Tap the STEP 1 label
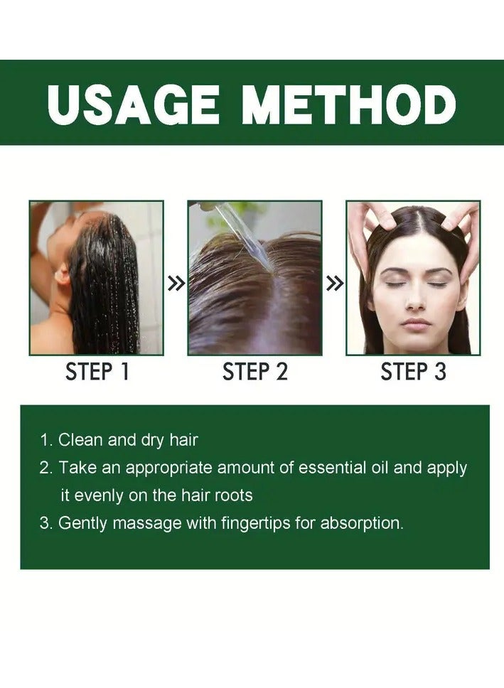[x=97, y=372]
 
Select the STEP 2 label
[x=255, y=372]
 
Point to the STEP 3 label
[x=413, y=372]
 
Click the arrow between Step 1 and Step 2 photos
[x=176, y=284]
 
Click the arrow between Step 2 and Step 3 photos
[x=334, y=284]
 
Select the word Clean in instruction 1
[x=79, y=440]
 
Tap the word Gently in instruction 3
[x=83, y=523]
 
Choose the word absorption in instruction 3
[x=362, y=523]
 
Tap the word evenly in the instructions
[x=98, y=495]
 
